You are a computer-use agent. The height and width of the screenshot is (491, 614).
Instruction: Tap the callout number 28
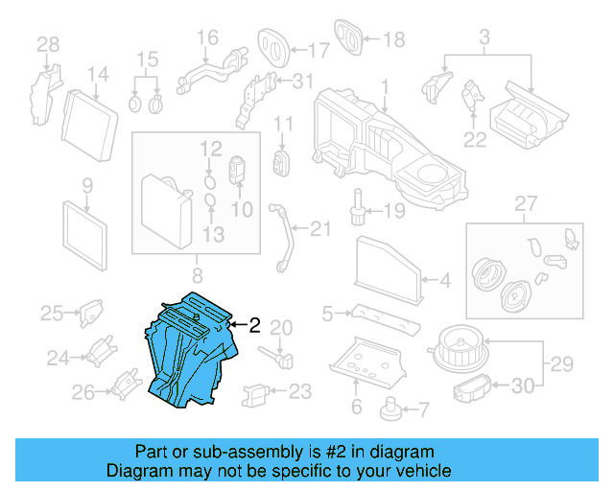pos(47,43)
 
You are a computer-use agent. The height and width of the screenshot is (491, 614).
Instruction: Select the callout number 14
pos(99,74)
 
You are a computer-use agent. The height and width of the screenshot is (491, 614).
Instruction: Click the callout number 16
pos(207,38)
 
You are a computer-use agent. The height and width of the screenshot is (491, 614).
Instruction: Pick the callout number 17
pos(319,48)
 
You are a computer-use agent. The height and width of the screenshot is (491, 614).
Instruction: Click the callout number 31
pos(302,80)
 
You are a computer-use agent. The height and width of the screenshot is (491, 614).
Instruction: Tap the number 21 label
pos(319,227)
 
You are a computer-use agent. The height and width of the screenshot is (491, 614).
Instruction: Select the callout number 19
pos(395,210)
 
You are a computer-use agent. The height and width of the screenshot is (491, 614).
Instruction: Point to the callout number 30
pos(522,386)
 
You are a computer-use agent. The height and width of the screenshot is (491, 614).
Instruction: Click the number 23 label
pos(300,390)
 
